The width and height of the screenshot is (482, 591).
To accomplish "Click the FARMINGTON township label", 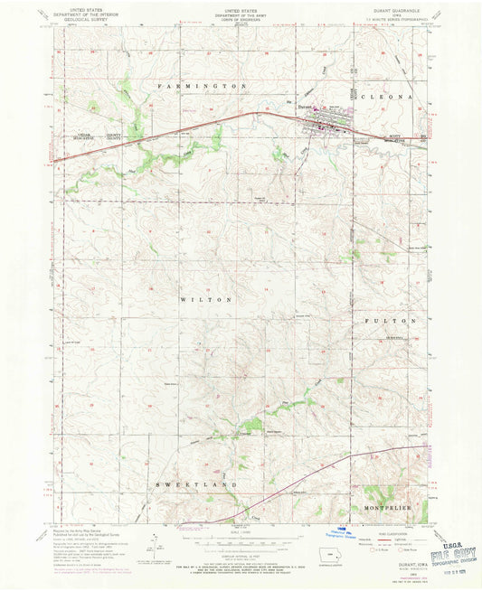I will [x=203, y=85].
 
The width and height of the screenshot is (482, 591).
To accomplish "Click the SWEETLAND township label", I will [x=206, y=484].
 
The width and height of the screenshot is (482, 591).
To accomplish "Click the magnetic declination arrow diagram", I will [x=154, y=545].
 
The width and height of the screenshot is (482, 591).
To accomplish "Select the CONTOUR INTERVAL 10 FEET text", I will [x=240, y=544].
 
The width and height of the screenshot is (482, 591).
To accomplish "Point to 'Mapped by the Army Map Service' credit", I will [x=81, y=534].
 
